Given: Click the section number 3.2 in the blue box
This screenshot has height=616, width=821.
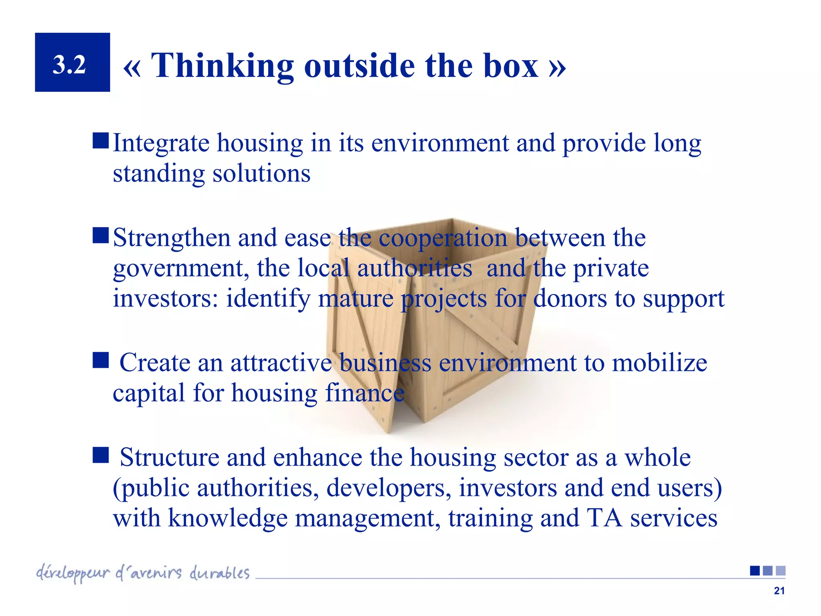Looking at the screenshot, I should (x=69, y=64).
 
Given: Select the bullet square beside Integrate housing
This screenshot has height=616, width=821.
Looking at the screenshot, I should (x=101, y=141).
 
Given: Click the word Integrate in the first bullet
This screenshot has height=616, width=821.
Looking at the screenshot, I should (x=161, y=143).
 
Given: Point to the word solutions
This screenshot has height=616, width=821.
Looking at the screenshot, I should (x=261, y=173).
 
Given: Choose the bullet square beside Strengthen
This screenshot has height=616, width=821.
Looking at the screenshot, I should (x=101, y=236).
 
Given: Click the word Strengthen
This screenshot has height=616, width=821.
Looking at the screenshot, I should (x=172, y=238).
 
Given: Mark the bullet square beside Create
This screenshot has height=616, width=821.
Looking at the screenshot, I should (x=101, y=360).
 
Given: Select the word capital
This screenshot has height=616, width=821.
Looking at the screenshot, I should (x=149, y=393).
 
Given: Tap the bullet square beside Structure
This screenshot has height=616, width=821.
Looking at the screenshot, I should (x=101, y=455).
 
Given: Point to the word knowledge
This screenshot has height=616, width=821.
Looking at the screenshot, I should (x=227, y=518).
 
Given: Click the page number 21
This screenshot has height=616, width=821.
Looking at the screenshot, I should (x=779, y=591).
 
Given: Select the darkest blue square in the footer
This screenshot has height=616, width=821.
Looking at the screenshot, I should (x=755, y=571).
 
